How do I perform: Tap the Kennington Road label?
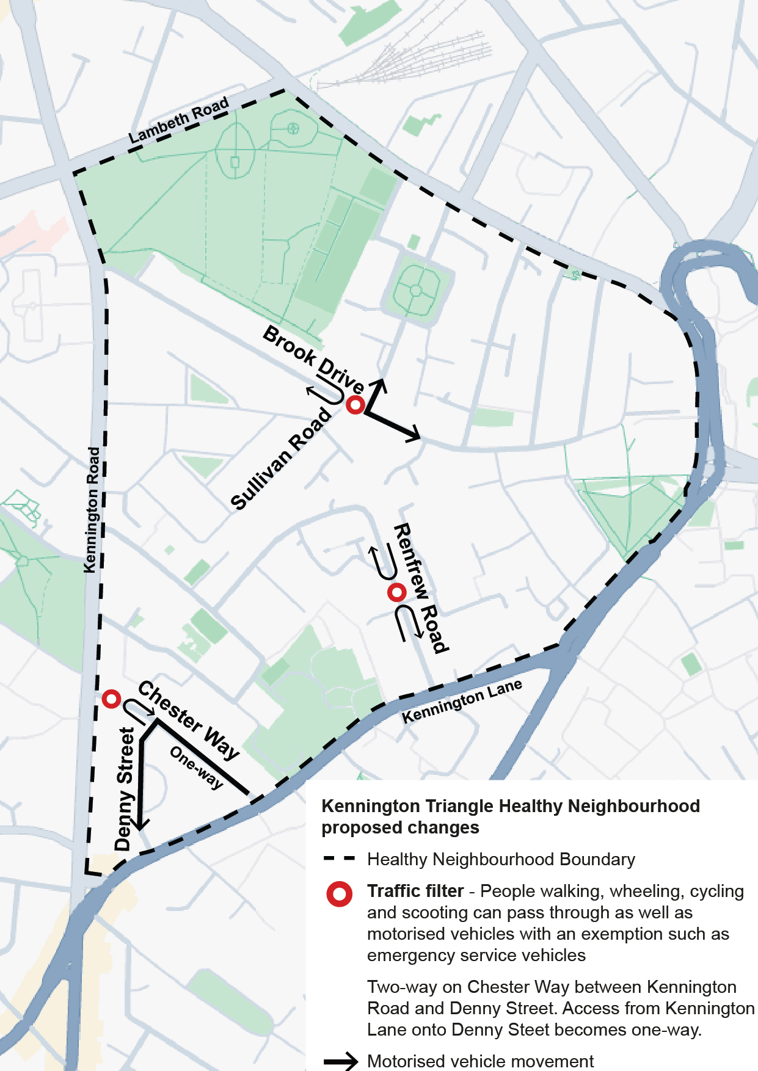92,510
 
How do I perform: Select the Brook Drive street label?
313,360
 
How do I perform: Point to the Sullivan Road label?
281,459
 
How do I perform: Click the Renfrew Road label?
421,587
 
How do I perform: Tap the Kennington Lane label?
462,701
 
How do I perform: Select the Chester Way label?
188,721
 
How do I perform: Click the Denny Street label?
125,789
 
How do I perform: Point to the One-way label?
197,768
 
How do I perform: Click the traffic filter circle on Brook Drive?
355,405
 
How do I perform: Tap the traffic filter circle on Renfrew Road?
397,592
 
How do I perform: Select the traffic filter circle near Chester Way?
111,699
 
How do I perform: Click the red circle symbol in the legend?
339,894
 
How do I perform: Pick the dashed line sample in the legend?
339,859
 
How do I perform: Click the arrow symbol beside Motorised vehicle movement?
340,1061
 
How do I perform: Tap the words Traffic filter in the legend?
415,891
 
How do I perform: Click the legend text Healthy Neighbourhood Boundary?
501,859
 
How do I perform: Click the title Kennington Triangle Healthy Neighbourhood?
511,806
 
